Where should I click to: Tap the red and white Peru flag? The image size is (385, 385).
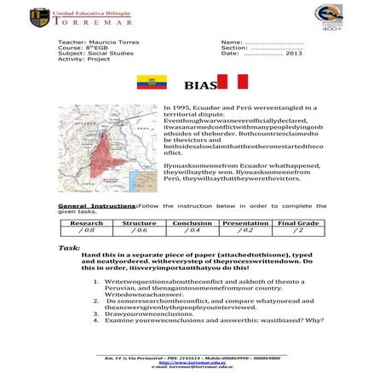[x=233, y=83]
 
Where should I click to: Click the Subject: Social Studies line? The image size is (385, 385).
[x=95, y=54]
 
